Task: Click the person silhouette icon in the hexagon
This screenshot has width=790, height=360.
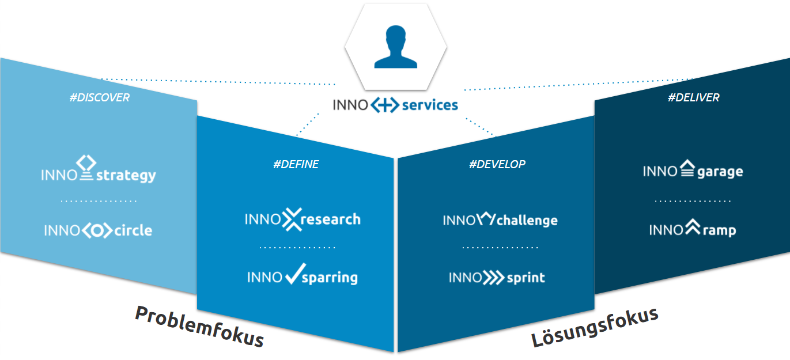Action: click(395, 47)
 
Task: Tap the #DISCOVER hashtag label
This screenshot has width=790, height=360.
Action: click(100, 97)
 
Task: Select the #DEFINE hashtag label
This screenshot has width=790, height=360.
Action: click(296, 165)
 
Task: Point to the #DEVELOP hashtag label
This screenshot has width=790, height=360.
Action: click(497, 164)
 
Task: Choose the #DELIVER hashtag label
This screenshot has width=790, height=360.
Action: click(693, 97)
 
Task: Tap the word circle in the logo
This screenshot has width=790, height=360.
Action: click(133, 231)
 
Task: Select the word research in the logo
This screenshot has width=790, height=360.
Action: click(331, 219)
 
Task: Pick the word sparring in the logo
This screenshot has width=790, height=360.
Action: click(330, 278)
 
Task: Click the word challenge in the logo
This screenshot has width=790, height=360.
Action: click(527, 221)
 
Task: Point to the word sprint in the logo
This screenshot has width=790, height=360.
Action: click(526, 278)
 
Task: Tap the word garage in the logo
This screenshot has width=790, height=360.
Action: click(720, 172)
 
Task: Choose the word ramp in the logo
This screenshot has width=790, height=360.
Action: click(719, 230)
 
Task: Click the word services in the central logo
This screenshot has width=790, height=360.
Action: click(430, 105)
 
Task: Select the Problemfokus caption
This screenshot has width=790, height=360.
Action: click(199, 326)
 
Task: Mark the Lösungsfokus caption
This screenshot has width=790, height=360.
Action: click(595, 327)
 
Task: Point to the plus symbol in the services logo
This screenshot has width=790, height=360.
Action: click(384, 105)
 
